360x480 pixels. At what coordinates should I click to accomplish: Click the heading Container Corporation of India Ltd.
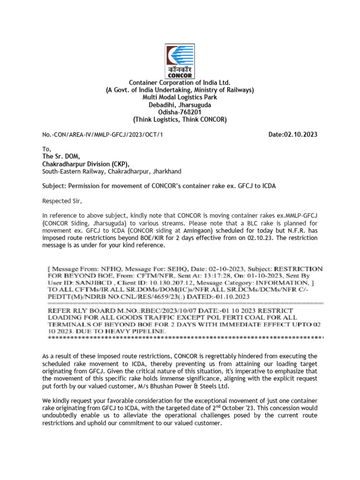pos(180,82)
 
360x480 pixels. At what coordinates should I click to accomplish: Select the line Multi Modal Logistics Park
pos(180,97)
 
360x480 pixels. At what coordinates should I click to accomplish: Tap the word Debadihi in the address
pos(162,105)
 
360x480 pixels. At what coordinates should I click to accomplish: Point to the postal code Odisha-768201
pos(180,112)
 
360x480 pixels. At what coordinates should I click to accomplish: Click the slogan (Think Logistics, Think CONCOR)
pos(180,120)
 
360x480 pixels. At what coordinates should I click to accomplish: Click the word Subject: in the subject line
pos(54,186)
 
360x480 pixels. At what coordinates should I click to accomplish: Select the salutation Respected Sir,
pos(62,202)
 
